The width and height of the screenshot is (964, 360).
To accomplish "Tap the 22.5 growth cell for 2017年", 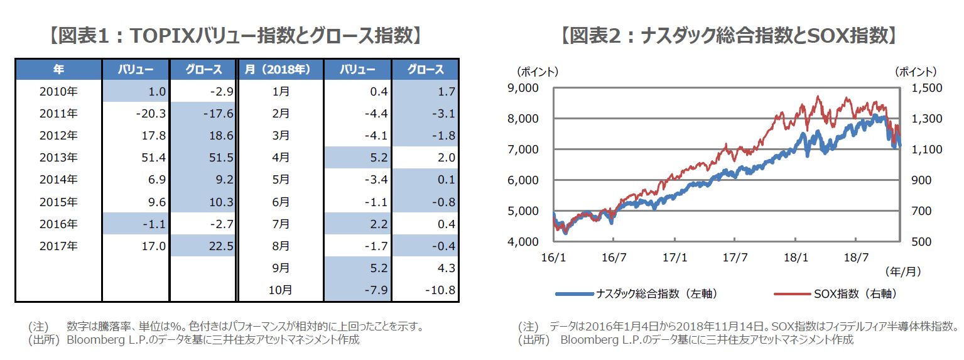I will [221, 246].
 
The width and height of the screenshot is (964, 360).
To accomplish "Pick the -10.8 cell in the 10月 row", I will [439, 290].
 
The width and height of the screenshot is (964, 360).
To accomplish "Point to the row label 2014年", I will [58, 180].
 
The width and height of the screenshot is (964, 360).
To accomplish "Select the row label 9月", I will [282, 268].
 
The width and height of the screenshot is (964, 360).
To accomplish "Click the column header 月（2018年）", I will [282, 69].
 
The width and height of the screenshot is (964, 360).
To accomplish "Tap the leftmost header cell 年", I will [58, 69].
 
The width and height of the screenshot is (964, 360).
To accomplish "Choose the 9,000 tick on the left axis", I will [523, 88].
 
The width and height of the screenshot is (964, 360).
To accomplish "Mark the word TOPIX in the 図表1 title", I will [162, 36].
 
